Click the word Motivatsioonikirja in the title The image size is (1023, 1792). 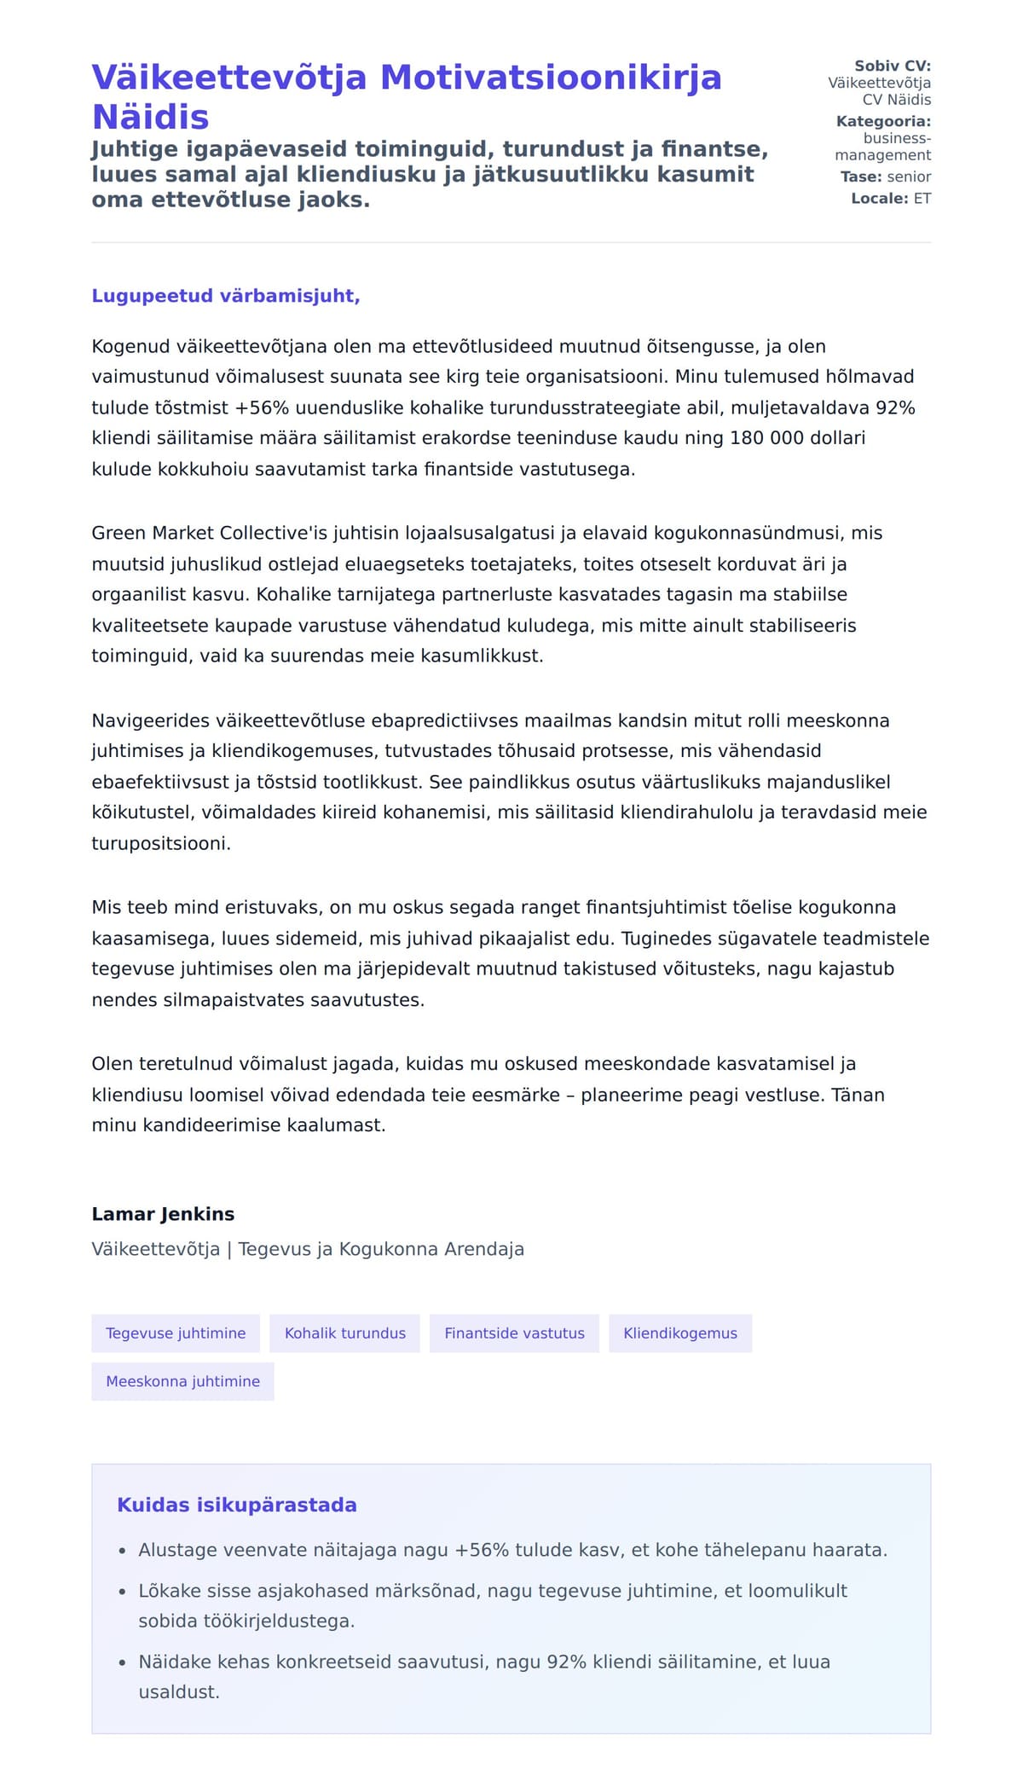[x=551, y=78]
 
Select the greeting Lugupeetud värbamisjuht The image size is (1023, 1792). [x=226, y=296]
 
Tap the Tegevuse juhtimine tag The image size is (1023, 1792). [x=176, y=1333]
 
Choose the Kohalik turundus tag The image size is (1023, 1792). [x=345, y=1333]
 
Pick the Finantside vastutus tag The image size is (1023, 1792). [x=514, y=1333]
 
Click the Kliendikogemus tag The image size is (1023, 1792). [x=680, y=1333]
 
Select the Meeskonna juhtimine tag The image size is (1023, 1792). [x=182, y=1381]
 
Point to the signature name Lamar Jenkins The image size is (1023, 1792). [x=163, y=1214]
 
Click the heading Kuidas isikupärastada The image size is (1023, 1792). [x=237, y=1505]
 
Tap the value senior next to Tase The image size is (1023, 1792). [x=909, y=176]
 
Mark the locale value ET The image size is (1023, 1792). [x=922, y=199]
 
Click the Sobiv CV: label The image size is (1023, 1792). [x=893, y=66]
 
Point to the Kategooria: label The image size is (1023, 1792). [x=883, y=121]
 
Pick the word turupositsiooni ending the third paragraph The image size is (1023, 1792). [x=159, y=843]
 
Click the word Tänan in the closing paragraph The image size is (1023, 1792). [x=858, y=1095]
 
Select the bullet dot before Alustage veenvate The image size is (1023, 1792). [x=123, y=1551]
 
